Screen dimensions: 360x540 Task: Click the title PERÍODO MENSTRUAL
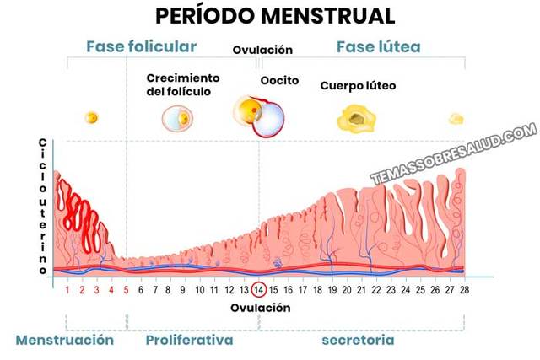click(269, 16)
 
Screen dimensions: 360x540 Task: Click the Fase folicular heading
click(142, 46)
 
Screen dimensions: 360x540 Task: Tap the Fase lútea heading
click(379, 46)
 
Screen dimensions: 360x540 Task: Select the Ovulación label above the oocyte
click(262, 51)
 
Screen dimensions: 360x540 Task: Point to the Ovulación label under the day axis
click(261, 308)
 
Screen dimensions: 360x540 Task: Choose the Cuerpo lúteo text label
click(358, 86)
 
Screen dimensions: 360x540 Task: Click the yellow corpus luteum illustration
click(358, 119)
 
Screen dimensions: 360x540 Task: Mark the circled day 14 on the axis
click(260, 289)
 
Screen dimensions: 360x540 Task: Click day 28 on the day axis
click(463, 289)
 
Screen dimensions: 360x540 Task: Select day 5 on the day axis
click(126, 289)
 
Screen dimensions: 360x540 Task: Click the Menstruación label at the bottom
click(64, 340)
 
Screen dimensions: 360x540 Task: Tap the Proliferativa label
click(190, 340)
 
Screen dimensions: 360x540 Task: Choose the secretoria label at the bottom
click(358, 340)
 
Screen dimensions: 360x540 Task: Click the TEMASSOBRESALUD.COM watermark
click(453, 153)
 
